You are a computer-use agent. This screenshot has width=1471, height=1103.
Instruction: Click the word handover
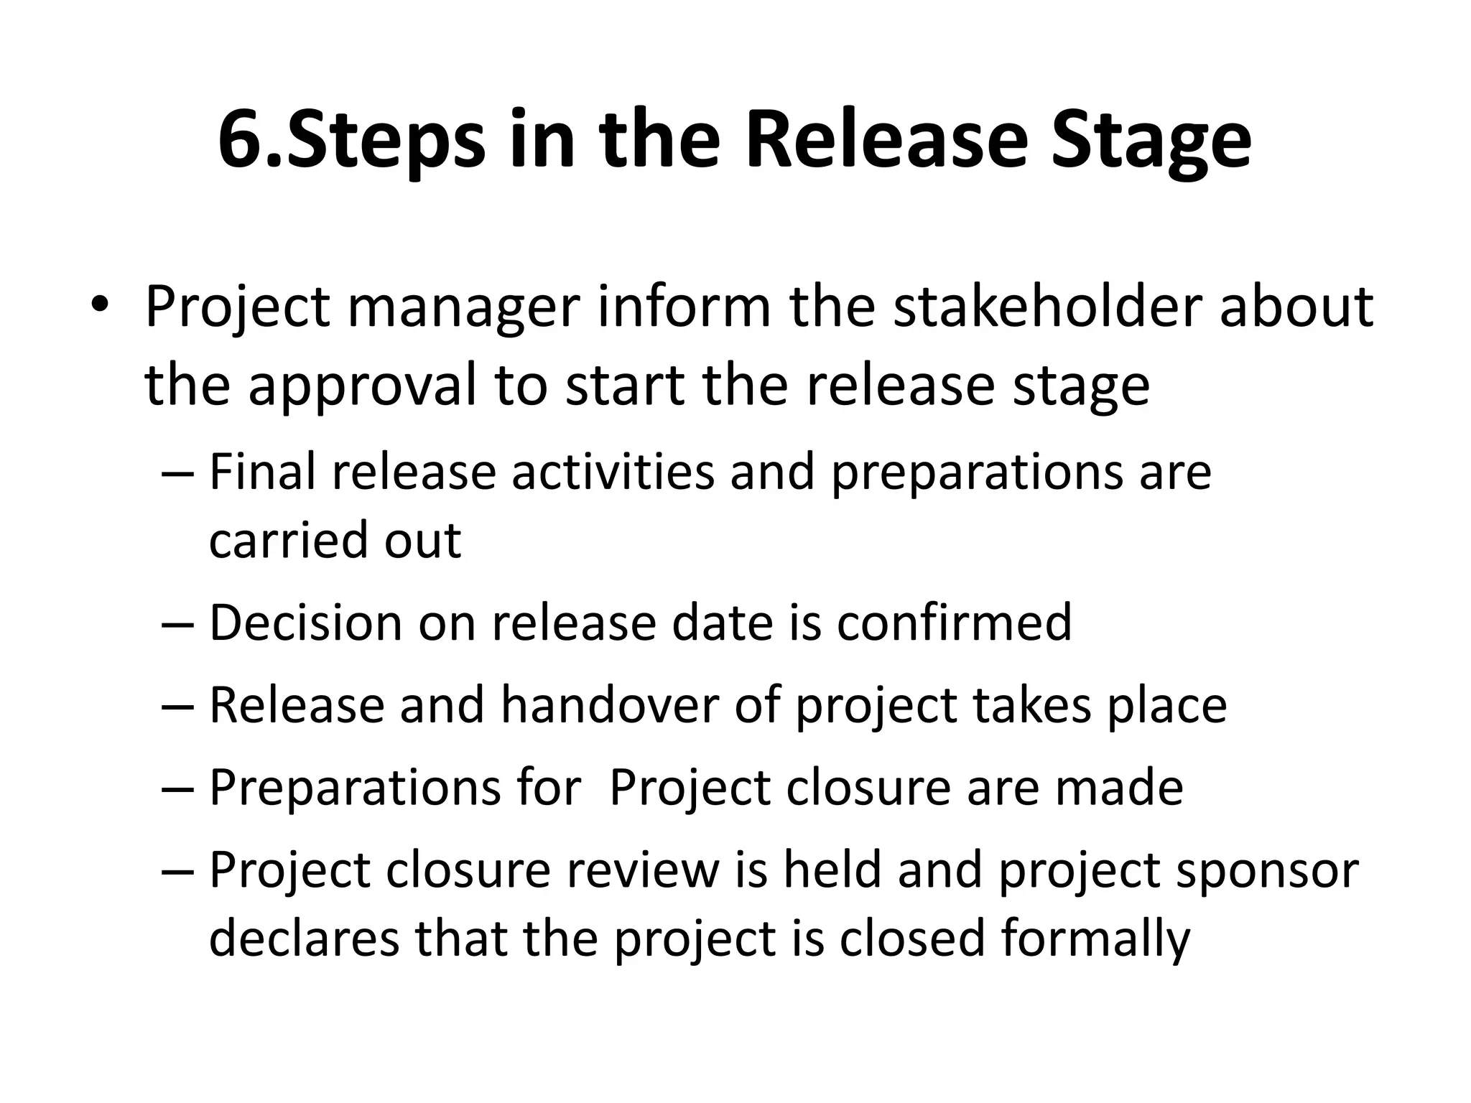click(x=609, y=705)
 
